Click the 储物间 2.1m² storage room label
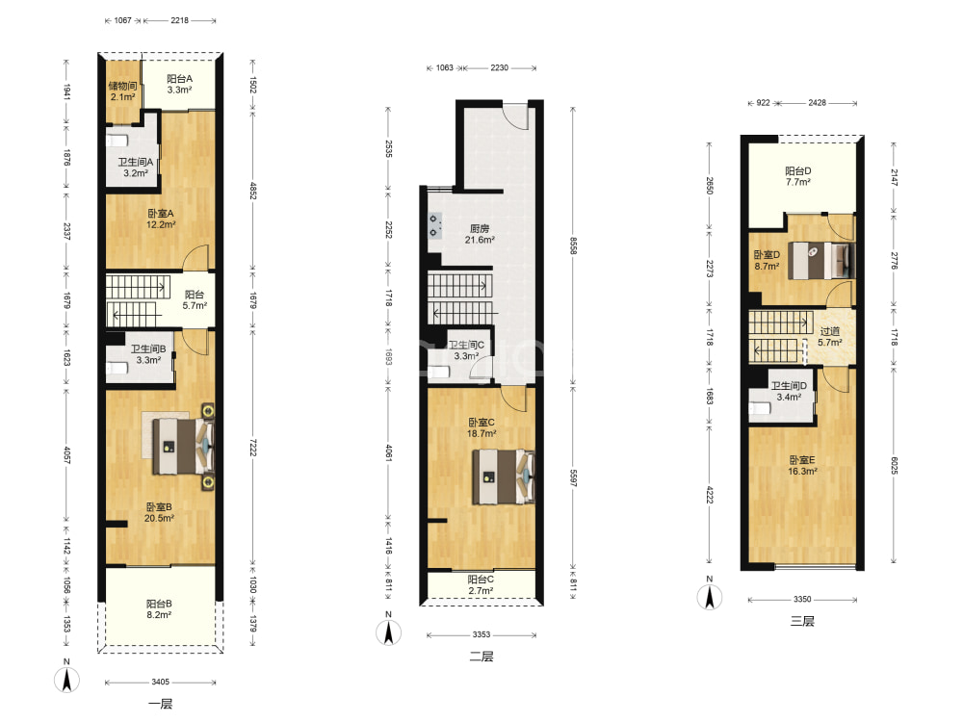123,90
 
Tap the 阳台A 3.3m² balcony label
179,84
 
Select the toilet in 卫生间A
117,140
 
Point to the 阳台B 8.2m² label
159,609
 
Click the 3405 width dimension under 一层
160,682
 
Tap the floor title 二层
481,657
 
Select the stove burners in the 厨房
435,224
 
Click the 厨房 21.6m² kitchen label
480,234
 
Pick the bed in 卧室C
503,477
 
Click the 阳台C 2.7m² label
481,585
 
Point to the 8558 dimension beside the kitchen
573,245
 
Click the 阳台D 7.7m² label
797,176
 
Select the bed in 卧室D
821,260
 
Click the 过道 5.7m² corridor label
830,336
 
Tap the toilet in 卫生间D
761,408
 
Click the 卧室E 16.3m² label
802,465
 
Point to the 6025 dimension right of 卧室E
894,465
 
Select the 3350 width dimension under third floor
802,599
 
